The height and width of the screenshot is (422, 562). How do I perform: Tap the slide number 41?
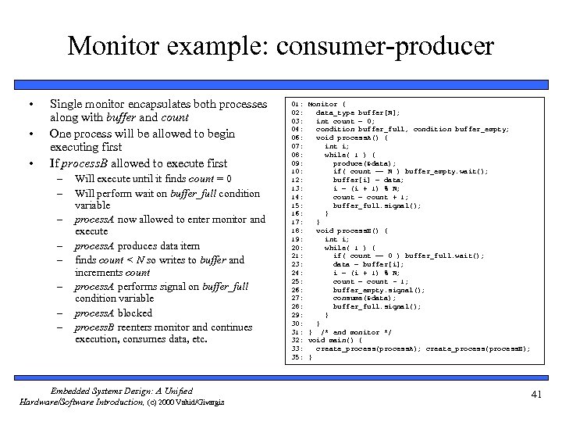point(535,394)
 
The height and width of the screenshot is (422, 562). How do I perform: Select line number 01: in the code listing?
point(297,104)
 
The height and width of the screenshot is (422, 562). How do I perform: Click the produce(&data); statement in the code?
point(363,163)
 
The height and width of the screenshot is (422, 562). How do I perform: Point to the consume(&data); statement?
point(363,298)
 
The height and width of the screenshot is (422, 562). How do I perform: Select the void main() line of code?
point(335,340)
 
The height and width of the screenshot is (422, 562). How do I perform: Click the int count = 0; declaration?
point(347,121)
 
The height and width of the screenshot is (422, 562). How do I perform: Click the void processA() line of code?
point(350,138)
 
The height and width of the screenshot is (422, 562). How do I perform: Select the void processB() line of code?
point(350,231)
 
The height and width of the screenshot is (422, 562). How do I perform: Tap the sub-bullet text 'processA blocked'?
point(114,313)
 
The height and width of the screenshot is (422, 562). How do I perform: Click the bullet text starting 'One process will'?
point(142,134)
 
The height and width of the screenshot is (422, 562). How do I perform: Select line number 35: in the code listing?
point(297,357)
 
